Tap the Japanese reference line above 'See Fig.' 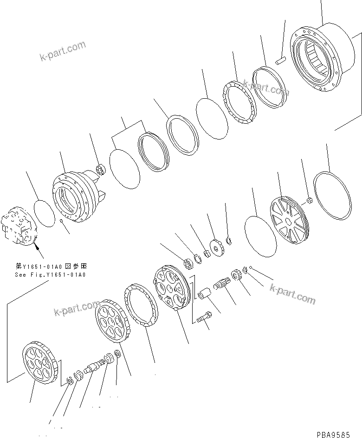pyautogui.click(x=51, y=267)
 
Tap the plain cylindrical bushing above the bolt pyautogui.click(x=204, y=295)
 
